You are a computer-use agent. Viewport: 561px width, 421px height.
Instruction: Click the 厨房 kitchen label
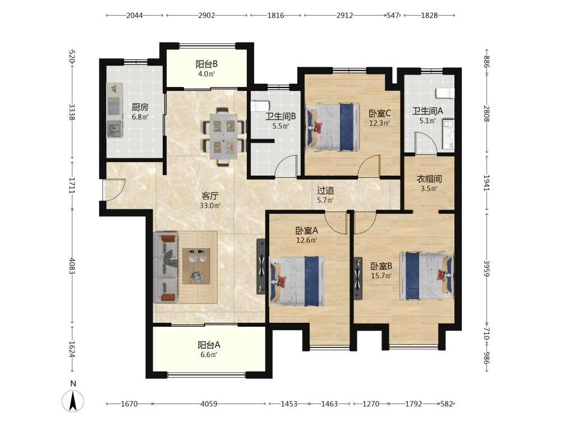pos(140,107)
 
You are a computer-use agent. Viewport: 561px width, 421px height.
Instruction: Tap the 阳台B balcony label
pos(206,65)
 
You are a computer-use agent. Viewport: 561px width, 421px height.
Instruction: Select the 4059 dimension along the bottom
pos(209,404)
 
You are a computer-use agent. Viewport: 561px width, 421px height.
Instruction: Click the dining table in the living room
pos(223,136)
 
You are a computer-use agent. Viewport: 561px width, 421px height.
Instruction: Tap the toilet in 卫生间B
pos(260,106)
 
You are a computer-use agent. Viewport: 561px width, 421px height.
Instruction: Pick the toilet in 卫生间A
pos(445,93)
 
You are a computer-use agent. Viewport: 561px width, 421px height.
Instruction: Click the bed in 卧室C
pos(332,127)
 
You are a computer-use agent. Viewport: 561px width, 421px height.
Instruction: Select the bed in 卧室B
pos(427,276)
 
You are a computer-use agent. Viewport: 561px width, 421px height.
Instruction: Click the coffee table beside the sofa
pos(196,266)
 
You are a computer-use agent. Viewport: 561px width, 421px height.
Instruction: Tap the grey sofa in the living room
pos(165,268)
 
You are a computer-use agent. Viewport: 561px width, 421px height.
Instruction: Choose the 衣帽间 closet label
pos(429,179)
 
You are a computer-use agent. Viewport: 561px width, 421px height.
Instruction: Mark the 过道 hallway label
pos(325,191)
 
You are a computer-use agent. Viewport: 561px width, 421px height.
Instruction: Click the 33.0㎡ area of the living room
pos(210,205)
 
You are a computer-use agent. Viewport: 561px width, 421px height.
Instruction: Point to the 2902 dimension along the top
pos(207,15)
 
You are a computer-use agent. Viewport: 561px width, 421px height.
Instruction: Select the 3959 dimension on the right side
pos(486,268)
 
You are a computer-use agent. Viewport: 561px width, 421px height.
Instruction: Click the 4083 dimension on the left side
pos(72,266)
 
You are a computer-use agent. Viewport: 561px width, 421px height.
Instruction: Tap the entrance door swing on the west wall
pos(114,190)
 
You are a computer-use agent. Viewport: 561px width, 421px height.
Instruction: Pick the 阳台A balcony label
pos(209,345)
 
